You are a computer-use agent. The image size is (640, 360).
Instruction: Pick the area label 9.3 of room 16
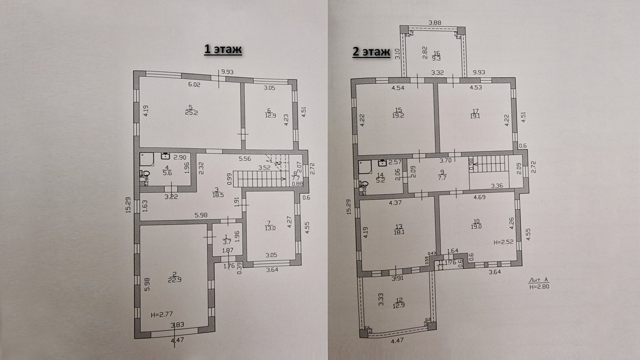(437, 58)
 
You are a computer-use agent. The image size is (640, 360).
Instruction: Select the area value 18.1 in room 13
(398, 231)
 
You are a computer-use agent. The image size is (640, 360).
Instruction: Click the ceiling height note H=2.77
(161, 315)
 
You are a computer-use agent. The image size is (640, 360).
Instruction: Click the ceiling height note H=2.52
(504, 242)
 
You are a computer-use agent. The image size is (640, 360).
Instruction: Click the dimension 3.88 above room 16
(434, 22)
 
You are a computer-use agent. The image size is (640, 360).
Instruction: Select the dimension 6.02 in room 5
(194, 85)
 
